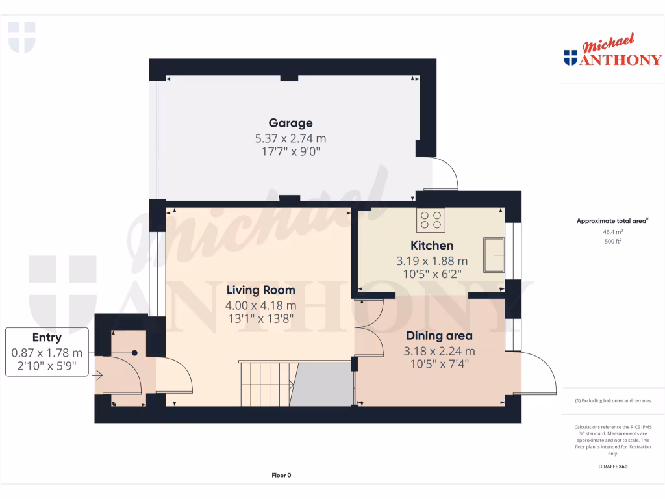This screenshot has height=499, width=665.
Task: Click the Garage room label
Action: (290, 123)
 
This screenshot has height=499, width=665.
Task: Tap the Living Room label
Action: (260, 290)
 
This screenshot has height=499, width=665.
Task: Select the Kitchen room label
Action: (432, 246)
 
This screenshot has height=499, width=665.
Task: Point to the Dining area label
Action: (439, 336)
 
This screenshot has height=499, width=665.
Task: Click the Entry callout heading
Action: (47, 337)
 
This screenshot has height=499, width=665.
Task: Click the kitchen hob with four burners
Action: (431, 220)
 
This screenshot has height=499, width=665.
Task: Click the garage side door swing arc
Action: (448, 172)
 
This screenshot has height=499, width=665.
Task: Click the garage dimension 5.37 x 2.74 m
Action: (290, 138)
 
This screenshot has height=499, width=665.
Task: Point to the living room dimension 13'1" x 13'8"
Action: (260, 318)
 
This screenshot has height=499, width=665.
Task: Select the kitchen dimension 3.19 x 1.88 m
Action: (432, 261)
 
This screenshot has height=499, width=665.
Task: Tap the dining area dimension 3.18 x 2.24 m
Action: (439, 351)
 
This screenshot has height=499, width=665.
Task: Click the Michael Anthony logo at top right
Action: (612, 52)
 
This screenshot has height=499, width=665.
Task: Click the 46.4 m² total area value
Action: (613, 231)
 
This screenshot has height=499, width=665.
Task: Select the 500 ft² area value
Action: (613, 241)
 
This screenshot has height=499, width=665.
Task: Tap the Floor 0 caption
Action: (281, 475)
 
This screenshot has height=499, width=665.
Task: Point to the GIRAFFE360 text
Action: (613, 467)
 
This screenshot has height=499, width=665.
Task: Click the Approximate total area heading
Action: (612, 221)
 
